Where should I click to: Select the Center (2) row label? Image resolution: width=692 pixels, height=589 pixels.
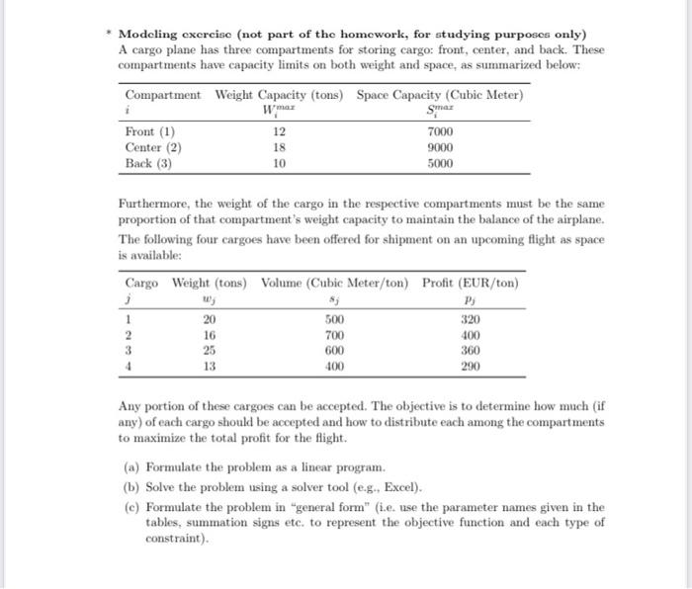153,148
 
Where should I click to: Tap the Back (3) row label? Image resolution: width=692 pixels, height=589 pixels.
148,164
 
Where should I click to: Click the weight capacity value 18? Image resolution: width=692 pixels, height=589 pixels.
280,148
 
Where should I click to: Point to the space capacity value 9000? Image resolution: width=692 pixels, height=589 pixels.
440,148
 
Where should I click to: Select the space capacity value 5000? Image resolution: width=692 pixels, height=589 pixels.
440,164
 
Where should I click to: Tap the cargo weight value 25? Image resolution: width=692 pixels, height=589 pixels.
209,350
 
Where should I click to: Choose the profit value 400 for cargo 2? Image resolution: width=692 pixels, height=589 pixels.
469,335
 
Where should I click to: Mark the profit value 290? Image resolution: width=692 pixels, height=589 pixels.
469,365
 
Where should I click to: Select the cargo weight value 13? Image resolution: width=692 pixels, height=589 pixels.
209,365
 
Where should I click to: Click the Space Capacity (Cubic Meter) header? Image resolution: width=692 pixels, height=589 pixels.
440,95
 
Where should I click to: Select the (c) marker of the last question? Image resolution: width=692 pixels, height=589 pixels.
130,507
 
